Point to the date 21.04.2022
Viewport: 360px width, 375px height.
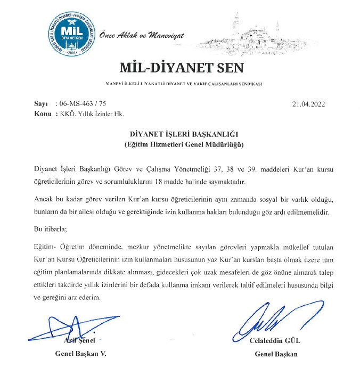click(x=308, y=103)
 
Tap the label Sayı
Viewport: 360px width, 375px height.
click(x=41, y=103)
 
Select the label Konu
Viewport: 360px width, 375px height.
click(x=43, y=113)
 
